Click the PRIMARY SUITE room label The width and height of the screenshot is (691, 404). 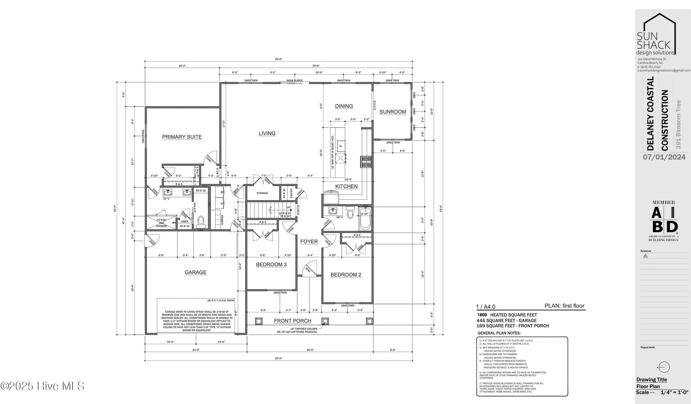(182, 137)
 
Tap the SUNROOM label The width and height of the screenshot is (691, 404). (392, 112)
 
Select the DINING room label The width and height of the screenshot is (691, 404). (344, 106)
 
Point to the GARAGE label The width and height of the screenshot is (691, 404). (195, 272)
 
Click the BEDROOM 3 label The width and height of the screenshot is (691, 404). (271, 265)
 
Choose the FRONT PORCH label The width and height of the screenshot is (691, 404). (292, 321)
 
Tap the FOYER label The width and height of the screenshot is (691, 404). (309, 242)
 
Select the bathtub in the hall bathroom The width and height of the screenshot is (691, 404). (365, 219)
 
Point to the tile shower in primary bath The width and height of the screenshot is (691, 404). (161, 222)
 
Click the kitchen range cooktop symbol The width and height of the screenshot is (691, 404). (366, 162)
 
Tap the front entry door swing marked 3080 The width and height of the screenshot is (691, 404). (309, 269)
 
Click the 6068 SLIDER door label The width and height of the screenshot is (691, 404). (294, 80)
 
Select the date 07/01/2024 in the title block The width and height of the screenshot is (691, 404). (664, 157)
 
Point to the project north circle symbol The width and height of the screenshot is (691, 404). (664, 367)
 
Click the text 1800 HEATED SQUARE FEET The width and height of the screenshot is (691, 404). (507, 315)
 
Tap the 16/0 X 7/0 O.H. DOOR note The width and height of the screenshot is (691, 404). (220, 300)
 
